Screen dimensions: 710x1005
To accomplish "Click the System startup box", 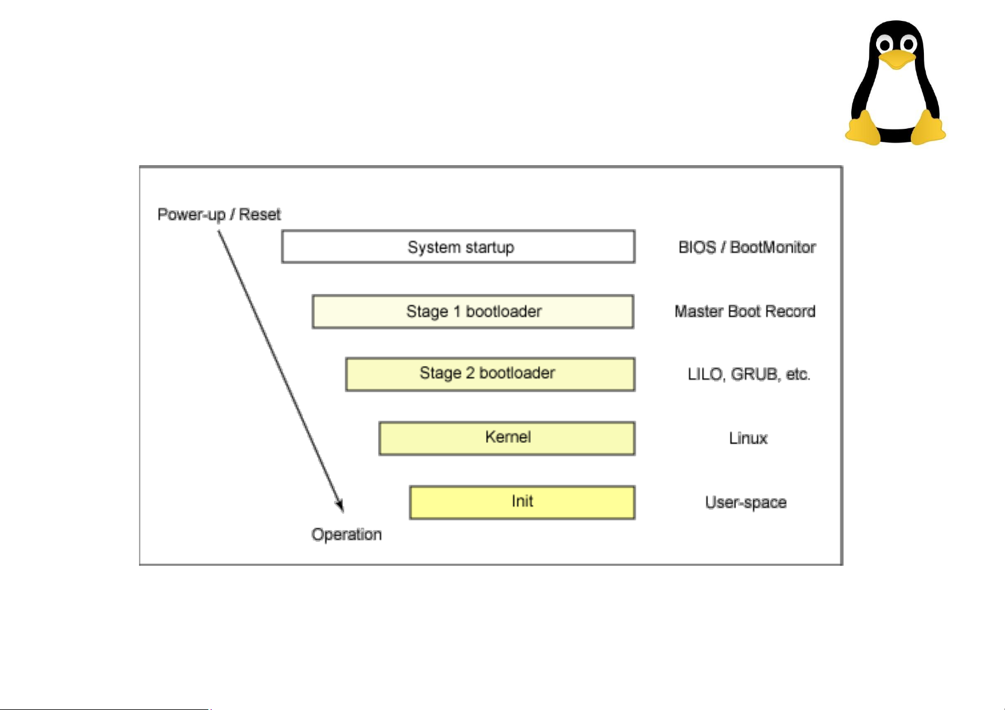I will [x=458, y=247].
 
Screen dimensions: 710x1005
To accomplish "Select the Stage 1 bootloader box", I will [x=473, y=311].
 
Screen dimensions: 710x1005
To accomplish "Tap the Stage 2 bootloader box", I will [x=490, y=374].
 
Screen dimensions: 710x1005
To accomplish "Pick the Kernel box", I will [x=507, y=438].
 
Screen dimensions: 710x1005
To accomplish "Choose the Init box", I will [x=522, y=502].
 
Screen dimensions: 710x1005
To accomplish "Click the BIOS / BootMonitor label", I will [x=747, y=247].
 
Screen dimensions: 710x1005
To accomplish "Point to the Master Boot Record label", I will [x=744, y=311].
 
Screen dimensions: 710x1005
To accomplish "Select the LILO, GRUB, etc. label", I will [x=749, y=374].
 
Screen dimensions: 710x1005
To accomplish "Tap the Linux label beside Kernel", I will [x=748, y=439].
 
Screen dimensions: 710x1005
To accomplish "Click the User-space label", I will [x=746, y=503].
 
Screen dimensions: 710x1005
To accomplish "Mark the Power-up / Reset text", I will [x=219, y=215].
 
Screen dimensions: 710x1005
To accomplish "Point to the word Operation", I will [x=347, y=534].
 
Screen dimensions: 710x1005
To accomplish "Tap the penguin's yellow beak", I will [x=897, y=59].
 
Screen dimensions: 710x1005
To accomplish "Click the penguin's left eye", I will [x=885, y=44].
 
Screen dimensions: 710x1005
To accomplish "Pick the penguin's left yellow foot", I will [x=863, y=128].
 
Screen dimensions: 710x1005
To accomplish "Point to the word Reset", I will [x=259, y=215].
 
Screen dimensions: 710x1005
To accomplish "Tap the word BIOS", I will [x=697, y=247].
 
